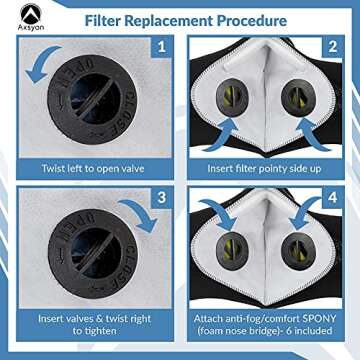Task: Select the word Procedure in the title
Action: point(246,20)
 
